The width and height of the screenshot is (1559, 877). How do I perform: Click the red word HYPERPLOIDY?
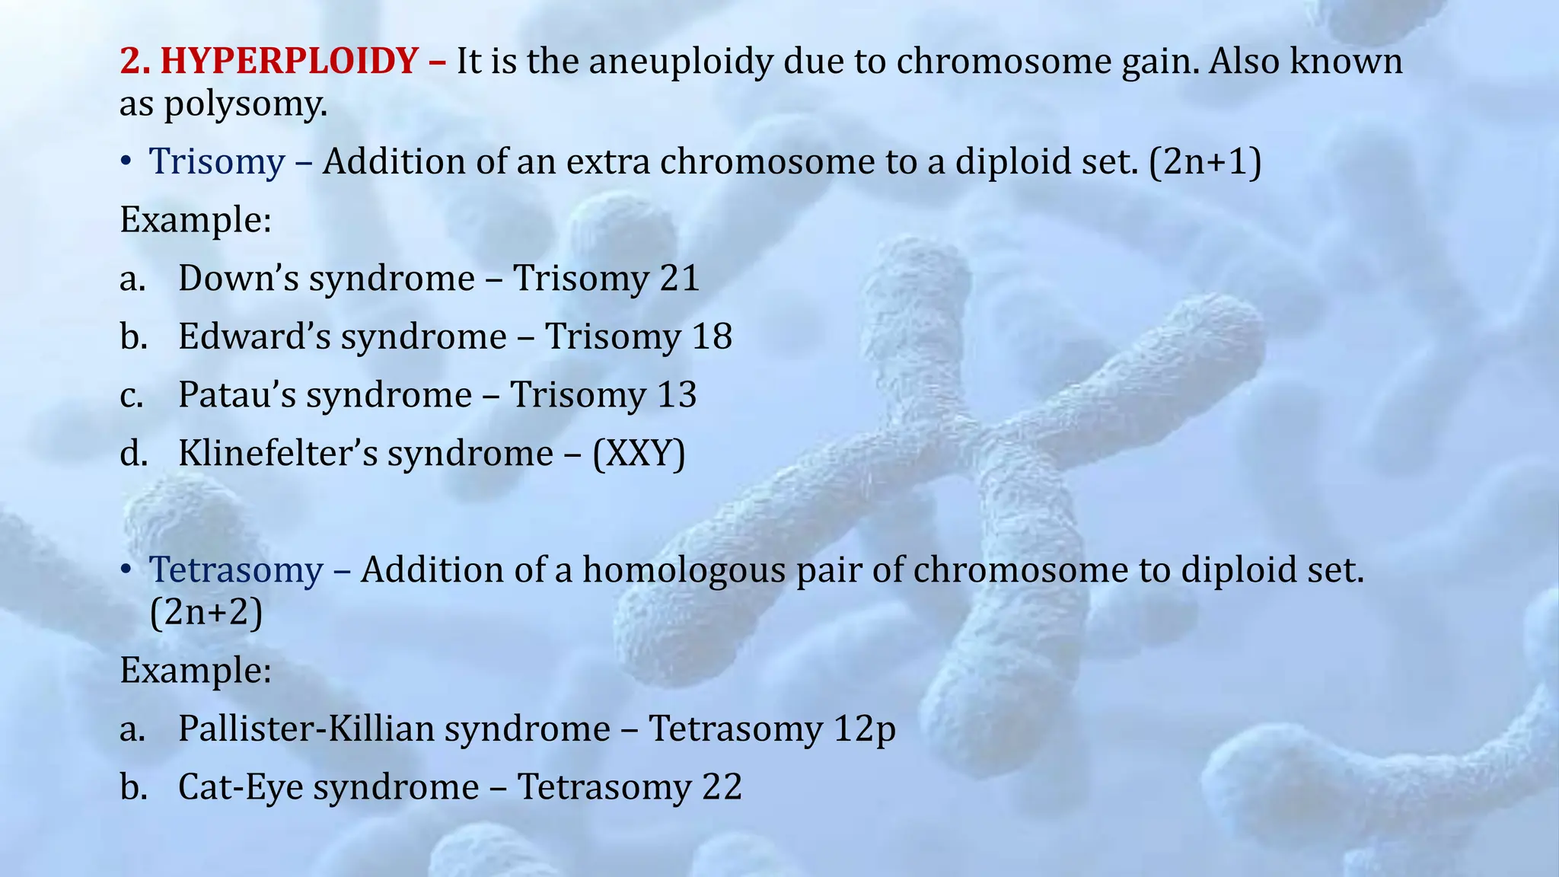(289, 62)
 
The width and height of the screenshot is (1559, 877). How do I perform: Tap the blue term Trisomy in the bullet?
(217, 162)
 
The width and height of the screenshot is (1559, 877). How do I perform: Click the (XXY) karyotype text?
(639, 454)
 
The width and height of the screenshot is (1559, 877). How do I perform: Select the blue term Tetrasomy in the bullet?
(236, 570)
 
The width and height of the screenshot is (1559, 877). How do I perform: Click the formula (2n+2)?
(206, 612)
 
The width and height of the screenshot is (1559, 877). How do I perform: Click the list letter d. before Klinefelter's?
(132, 454)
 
